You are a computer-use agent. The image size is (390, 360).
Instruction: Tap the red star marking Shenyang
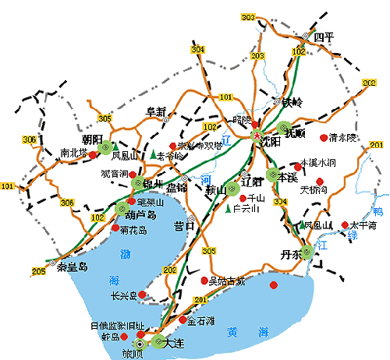click(258, 135)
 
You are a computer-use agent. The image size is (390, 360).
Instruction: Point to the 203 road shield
click(257, 56)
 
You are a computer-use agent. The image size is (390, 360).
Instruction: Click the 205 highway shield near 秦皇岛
click(39, 270)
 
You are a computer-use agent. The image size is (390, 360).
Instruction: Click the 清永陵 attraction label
click(343, 137)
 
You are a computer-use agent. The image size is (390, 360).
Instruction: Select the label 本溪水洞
click(317, 163)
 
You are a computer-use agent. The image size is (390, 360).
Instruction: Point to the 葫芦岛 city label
click(141, 214)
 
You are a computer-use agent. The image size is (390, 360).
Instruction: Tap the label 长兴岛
click(124, 295)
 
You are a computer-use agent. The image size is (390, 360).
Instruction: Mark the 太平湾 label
click(363, 225)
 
